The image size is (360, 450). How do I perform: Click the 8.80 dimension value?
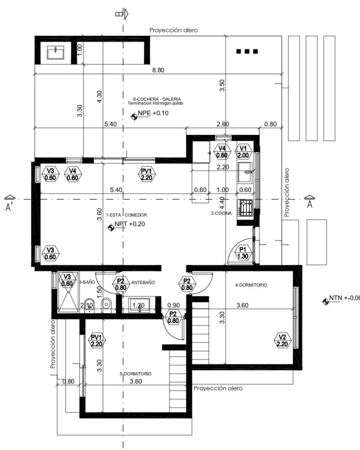click(x=158, y=70)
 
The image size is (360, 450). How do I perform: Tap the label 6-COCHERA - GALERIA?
click(x=155, y=99)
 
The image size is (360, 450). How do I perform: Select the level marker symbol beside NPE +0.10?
click(x=134, y=116)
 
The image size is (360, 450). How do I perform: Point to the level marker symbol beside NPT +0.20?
click(x=111, y=227)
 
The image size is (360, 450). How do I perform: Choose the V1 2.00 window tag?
click(x=243, y=152)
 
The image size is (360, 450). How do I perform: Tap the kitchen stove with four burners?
click(x=245, y=208)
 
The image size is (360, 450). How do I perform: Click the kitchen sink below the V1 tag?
click(x=245, y=173)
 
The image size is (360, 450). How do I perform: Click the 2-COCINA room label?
click(x=221, y=213)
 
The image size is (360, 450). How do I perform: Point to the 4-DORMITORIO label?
click(x=251, y=285)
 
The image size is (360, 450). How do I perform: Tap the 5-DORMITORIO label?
click(x=136, y=374)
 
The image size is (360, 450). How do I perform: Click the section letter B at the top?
click(x=119, y=14)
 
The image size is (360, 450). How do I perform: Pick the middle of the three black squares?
click(x=247, y=51)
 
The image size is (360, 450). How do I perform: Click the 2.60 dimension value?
click(x=223, y=124)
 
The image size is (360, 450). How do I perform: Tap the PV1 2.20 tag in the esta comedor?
click(x=146, y=174)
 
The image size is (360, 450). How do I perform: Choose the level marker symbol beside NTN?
click(x=325, y=301)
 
